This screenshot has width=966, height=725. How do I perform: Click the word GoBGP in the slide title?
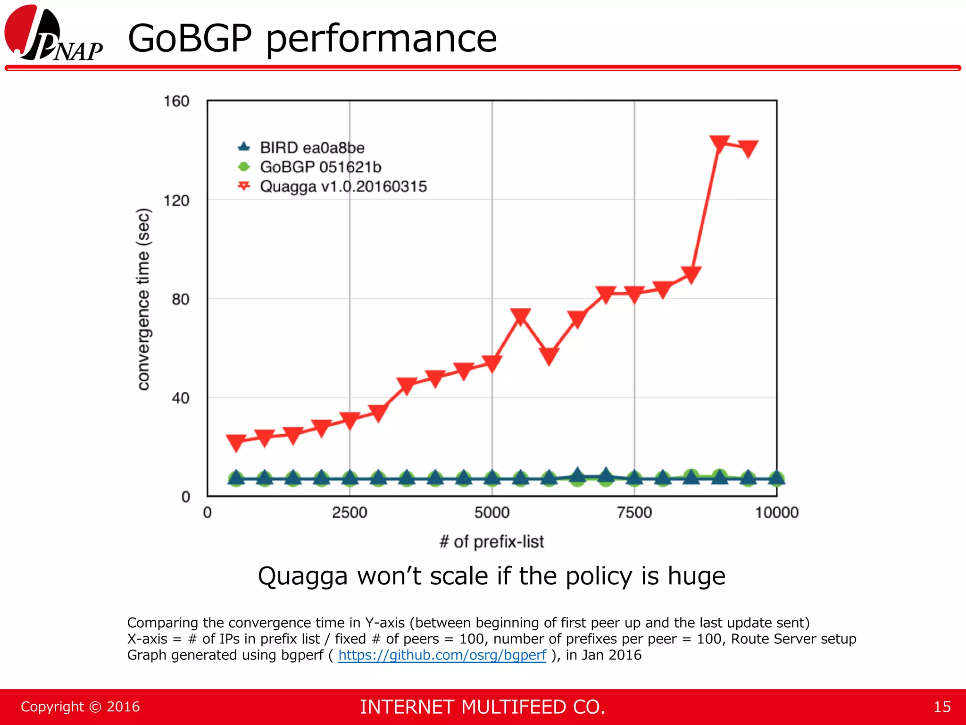190,39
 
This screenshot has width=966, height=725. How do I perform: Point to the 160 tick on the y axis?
176,101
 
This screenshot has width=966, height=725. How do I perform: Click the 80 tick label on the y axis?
180,299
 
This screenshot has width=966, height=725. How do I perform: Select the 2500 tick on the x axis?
350,513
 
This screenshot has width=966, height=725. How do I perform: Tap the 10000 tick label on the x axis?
776,513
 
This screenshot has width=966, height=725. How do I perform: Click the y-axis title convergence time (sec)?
143,299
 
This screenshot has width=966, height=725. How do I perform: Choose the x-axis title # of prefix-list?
491,541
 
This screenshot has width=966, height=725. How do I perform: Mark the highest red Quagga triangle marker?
719,143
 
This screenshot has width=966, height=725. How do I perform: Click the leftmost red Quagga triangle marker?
236,442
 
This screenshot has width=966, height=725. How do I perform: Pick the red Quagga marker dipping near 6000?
549,356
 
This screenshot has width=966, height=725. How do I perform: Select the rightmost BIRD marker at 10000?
776,478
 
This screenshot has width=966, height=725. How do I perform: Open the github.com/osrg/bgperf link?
442,655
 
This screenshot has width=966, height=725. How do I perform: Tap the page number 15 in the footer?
942,707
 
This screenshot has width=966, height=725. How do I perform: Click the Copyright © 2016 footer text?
80,707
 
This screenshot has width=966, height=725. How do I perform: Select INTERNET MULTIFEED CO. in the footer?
482,707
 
